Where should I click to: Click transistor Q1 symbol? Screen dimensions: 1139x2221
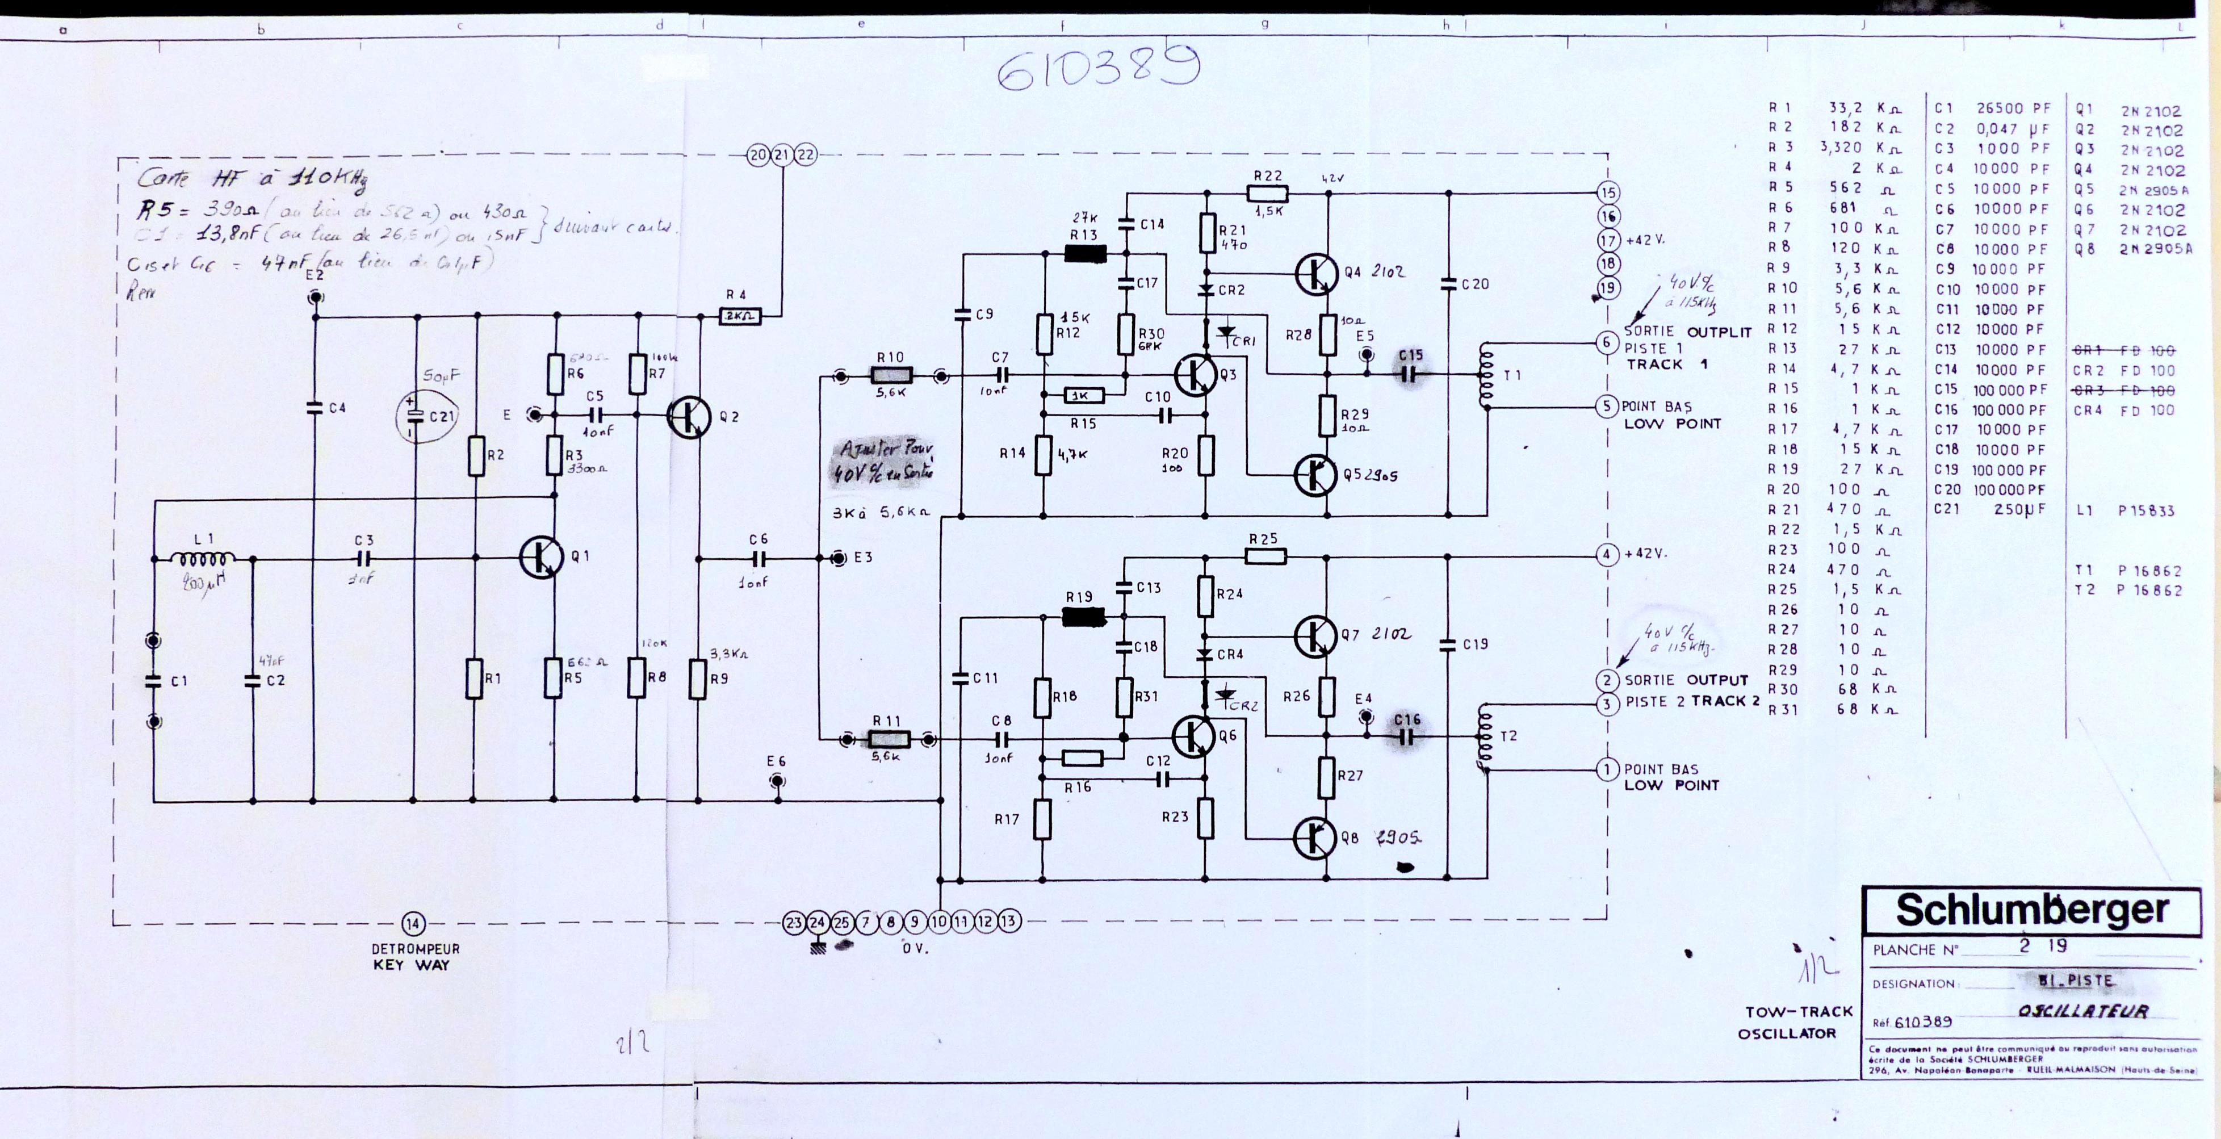point(542,557)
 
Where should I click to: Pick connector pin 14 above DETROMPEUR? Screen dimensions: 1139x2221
point(413,923)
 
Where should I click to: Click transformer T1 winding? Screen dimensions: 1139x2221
point(1486,376)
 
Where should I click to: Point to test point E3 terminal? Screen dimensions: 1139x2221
point(837,558)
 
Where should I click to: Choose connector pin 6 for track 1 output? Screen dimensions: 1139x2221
point(1606,342)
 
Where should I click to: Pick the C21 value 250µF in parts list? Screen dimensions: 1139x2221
point(2020,509)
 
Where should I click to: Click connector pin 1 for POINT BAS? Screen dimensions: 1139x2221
point(1606,769)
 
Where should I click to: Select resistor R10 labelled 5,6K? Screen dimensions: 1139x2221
point(891,376)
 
